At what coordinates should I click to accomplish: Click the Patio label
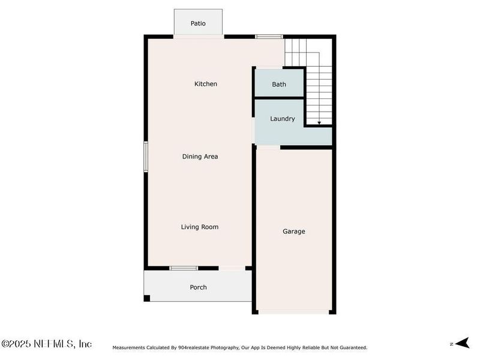coord(198,23)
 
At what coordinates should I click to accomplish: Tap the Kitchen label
coord(205,84)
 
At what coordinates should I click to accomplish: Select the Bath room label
coord(279,85)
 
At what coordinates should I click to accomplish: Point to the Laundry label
coord(282,119)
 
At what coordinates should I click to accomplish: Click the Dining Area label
coord(200,157)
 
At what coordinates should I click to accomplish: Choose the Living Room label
coord(200,227)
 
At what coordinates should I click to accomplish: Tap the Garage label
coord(294,231)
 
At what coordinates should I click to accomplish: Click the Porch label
coord(198,287)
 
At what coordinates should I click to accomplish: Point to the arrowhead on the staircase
coord(319,122)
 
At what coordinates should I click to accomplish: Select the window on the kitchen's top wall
coord(269,37)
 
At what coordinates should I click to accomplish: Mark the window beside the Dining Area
coord(145,157)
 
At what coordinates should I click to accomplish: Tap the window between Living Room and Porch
coord(183,268)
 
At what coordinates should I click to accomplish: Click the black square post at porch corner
coord(147,298)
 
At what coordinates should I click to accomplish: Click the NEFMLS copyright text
coord(47,344)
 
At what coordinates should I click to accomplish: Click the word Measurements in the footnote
coord(129,347)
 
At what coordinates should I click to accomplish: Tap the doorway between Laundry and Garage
coord(268,147)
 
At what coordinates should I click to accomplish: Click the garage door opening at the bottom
coord(294,312)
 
